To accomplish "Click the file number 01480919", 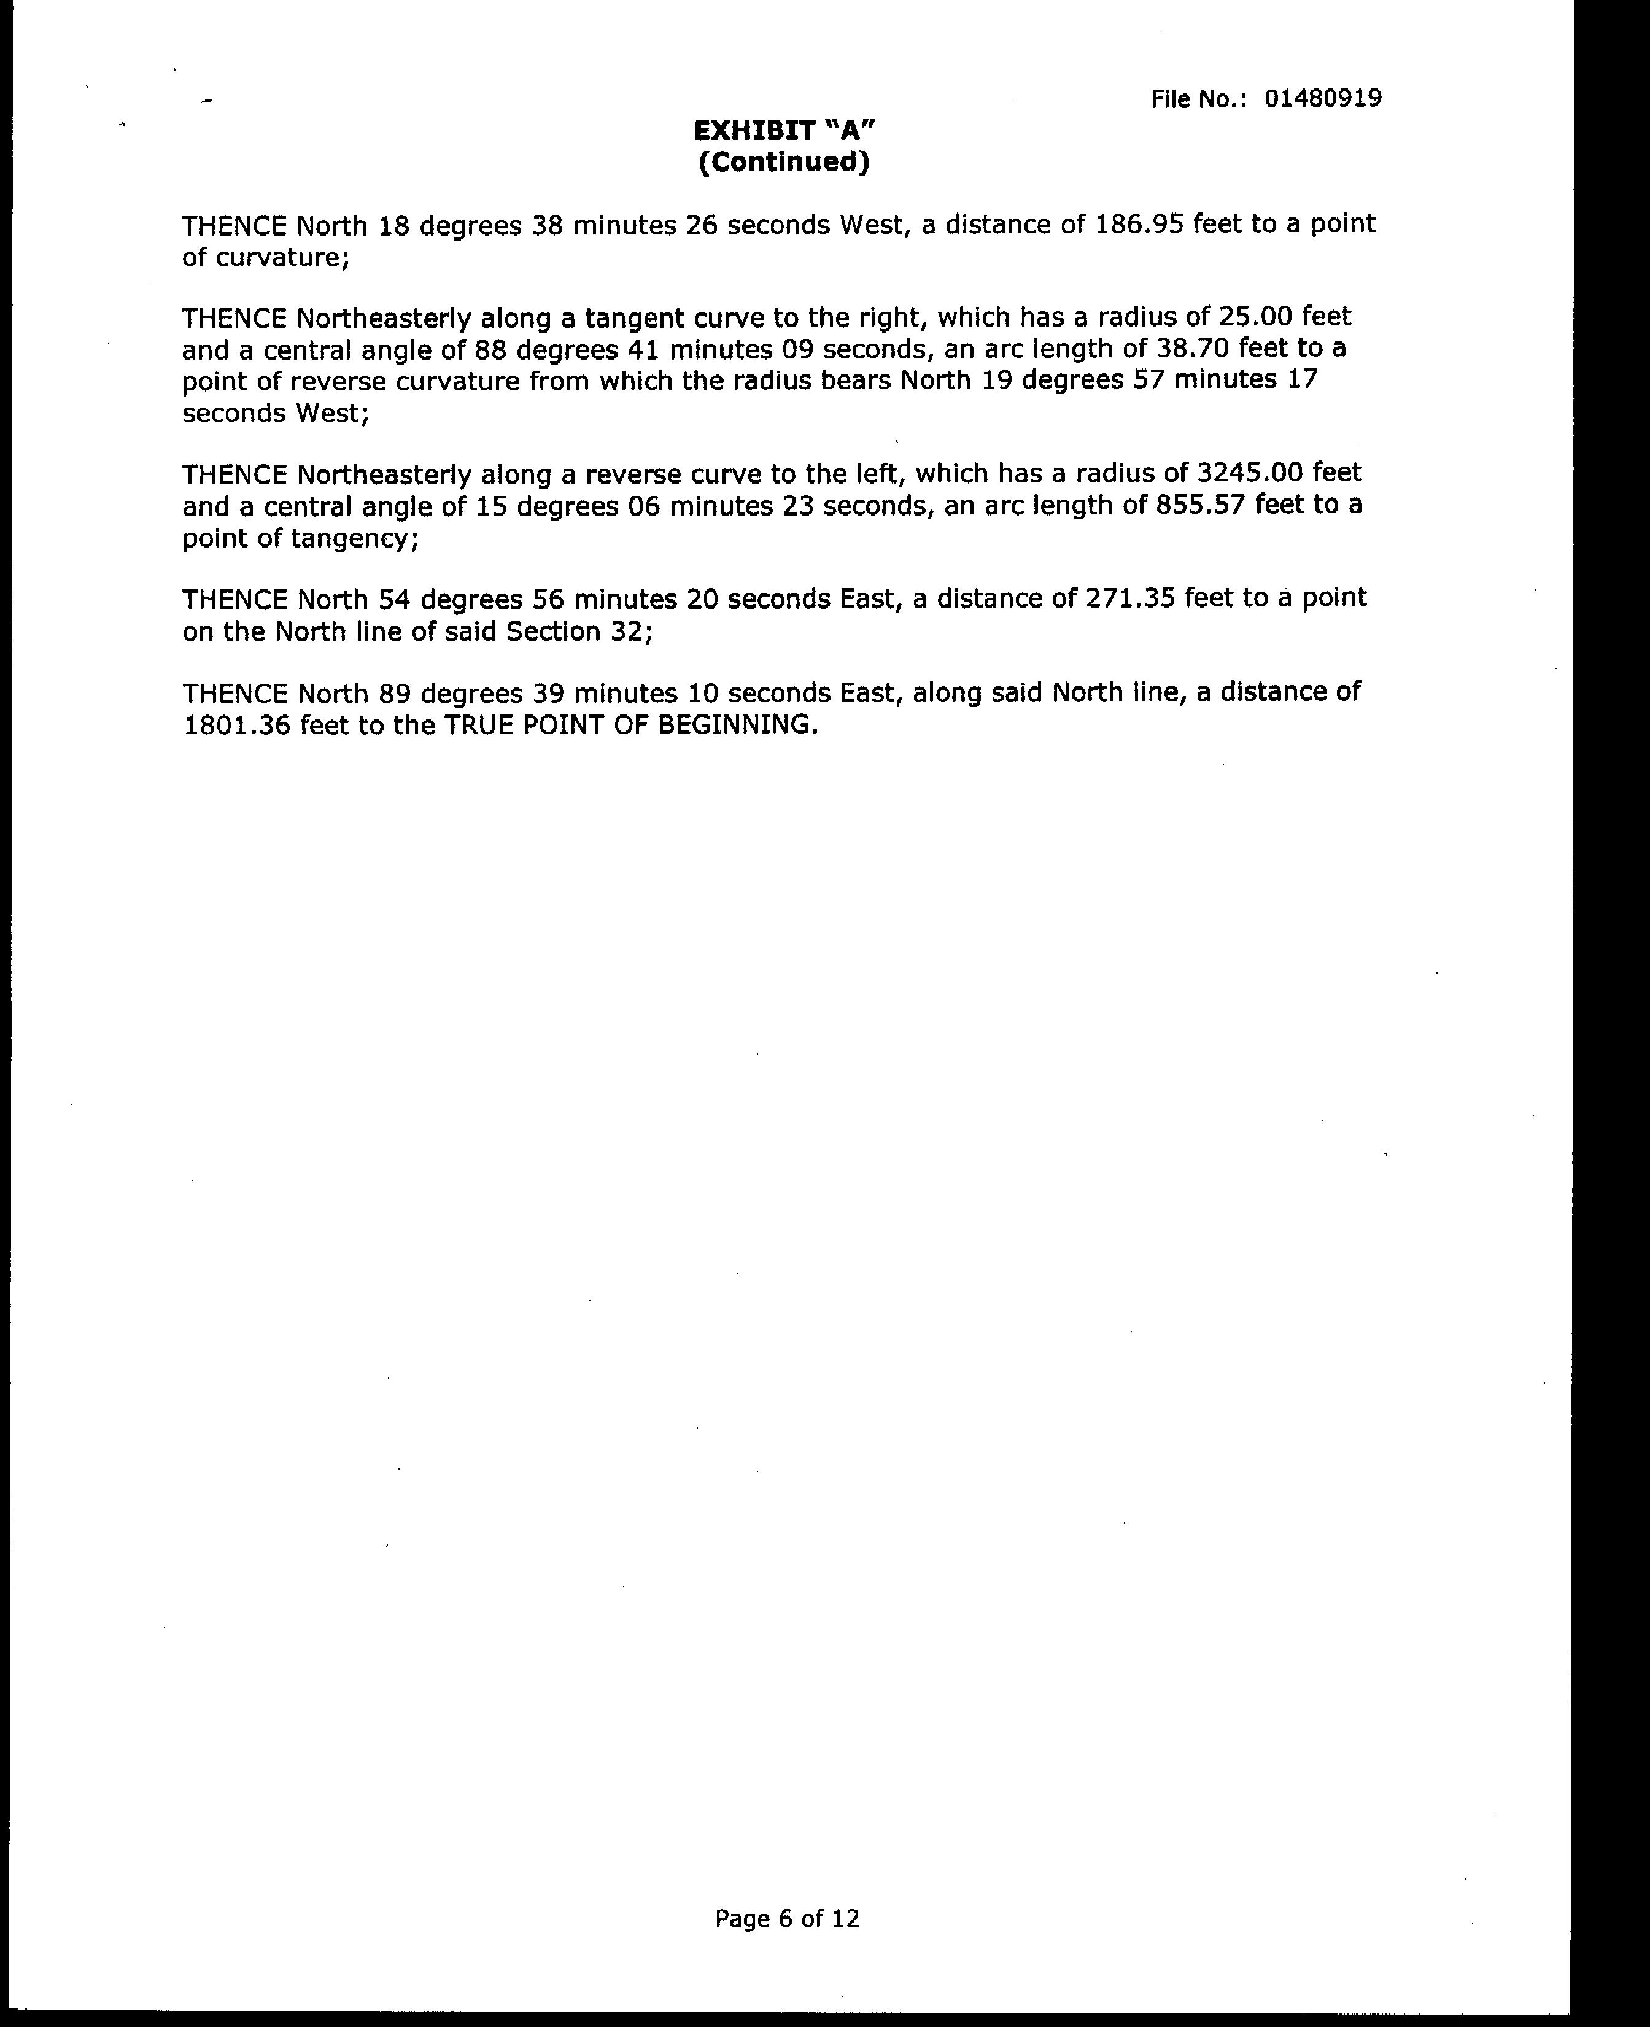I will [x=1322, y=99].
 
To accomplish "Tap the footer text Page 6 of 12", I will [x=787, y=1919].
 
